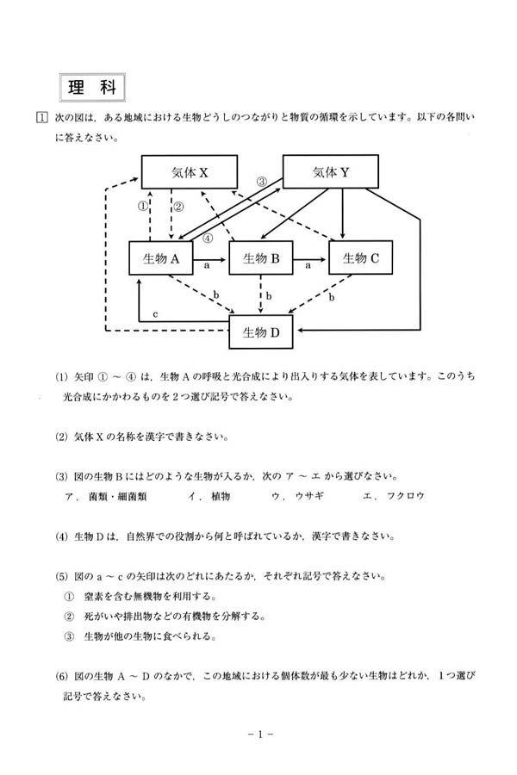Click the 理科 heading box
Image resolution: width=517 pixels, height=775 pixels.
point(92,89)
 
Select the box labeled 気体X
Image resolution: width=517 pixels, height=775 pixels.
point(190,172)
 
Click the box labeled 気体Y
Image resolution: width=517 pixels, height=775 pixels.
point(330,172)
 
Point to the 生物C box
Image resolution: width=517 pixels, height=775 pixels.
point(359,257)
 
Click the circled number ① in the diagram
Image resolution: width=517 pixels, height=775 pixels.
point(144,207)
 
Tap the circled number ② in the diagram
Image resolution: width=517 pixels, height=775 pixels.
point(178,207)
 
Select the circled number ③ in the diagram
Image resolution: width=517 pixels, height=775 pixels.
point(263,182)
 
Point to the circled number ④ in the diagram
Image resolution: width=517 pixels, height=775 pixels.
point(208,239)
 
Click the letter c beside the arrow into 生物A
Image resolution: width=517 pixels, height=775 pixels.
point(155,314)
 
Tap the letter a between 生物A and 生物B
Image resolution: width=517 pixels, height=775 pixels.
point(208,267)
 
